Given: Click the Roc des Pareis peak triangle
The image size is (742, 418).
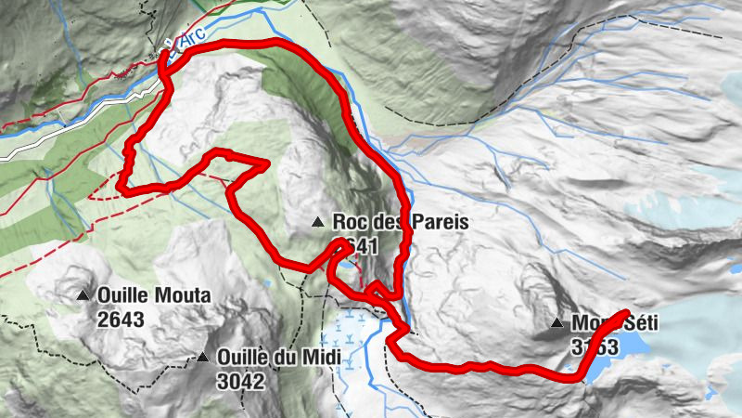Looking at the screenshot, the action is (318, 222).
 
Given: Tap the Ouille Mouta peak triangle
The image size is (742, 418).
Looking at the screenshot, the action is (83, 296).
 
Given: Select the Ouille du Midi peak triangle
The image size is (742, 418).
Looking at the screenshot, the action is (202, 357).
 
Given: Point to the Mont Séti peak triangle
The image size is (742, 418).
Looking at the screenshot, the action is (556, 323).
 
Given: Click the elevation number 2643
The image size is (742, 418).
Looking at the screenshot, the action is (121, 319).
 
